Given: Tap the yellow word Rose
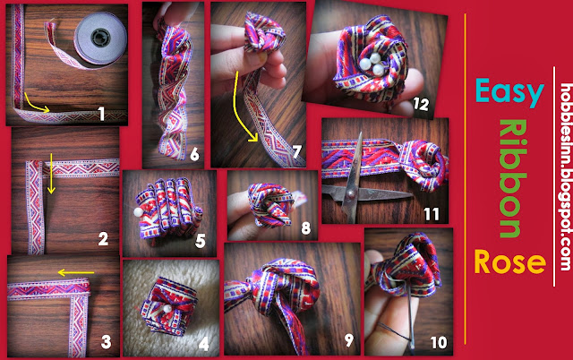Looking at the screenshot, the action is point(509,261).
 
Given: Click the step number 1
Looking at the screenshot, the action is point(101,114).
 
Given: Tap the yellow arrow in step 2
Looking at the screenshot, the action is point(51,173).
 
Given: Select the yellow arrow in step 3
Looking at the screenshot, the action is point(76,272).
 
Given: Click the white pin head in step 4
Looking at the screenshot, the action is point(167,309).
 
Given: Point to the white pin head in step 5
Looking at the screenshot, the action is point(139,211).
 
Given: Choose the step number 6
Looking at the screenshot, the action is point(195,155).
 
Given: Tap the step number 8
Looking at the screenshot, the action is point(306,228).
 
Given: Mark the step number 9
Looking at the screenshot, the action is point(349,340).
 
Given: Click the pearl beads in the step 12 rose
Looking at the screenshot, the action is point(373,64).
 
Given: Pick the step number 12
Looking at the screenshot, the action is point(421,105).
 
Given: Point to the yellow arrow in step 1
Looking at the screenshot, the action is point(36,103).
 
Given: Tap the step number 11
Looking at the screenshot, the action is point(432,214).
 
